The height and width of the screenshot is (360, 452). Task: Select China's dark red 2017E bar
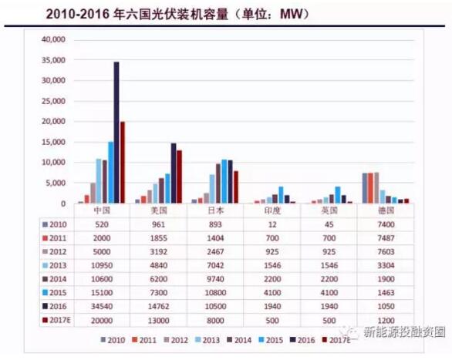click(x=123, y=163)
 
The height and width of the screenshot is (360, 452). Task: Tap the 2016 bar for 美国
click(x=174, y=173)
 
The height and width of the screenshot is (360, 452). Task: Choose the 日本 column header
click(x=215, y=210)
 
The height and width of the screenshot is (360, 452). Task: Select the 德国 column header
click(x=385, y=210)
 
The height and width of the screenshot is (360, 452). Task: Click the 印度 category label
click(x=271, y=210)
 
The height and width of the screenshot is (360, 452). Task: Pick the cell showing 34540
click(x=103, y=308)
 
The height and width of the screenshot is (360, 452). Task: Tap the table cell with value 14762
click(x=159, y=308)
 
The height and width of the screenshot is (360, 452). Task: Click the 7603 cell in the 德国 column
click(x=385, y=251)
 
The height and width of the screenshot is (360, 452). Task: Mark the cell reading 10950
click(x=103, y=265)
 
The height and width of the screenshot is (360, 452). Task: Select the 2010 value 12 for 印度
click(x=271, y=224)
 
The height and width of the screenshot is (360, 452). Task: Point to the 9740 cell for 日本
click(x=215, y=279)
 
